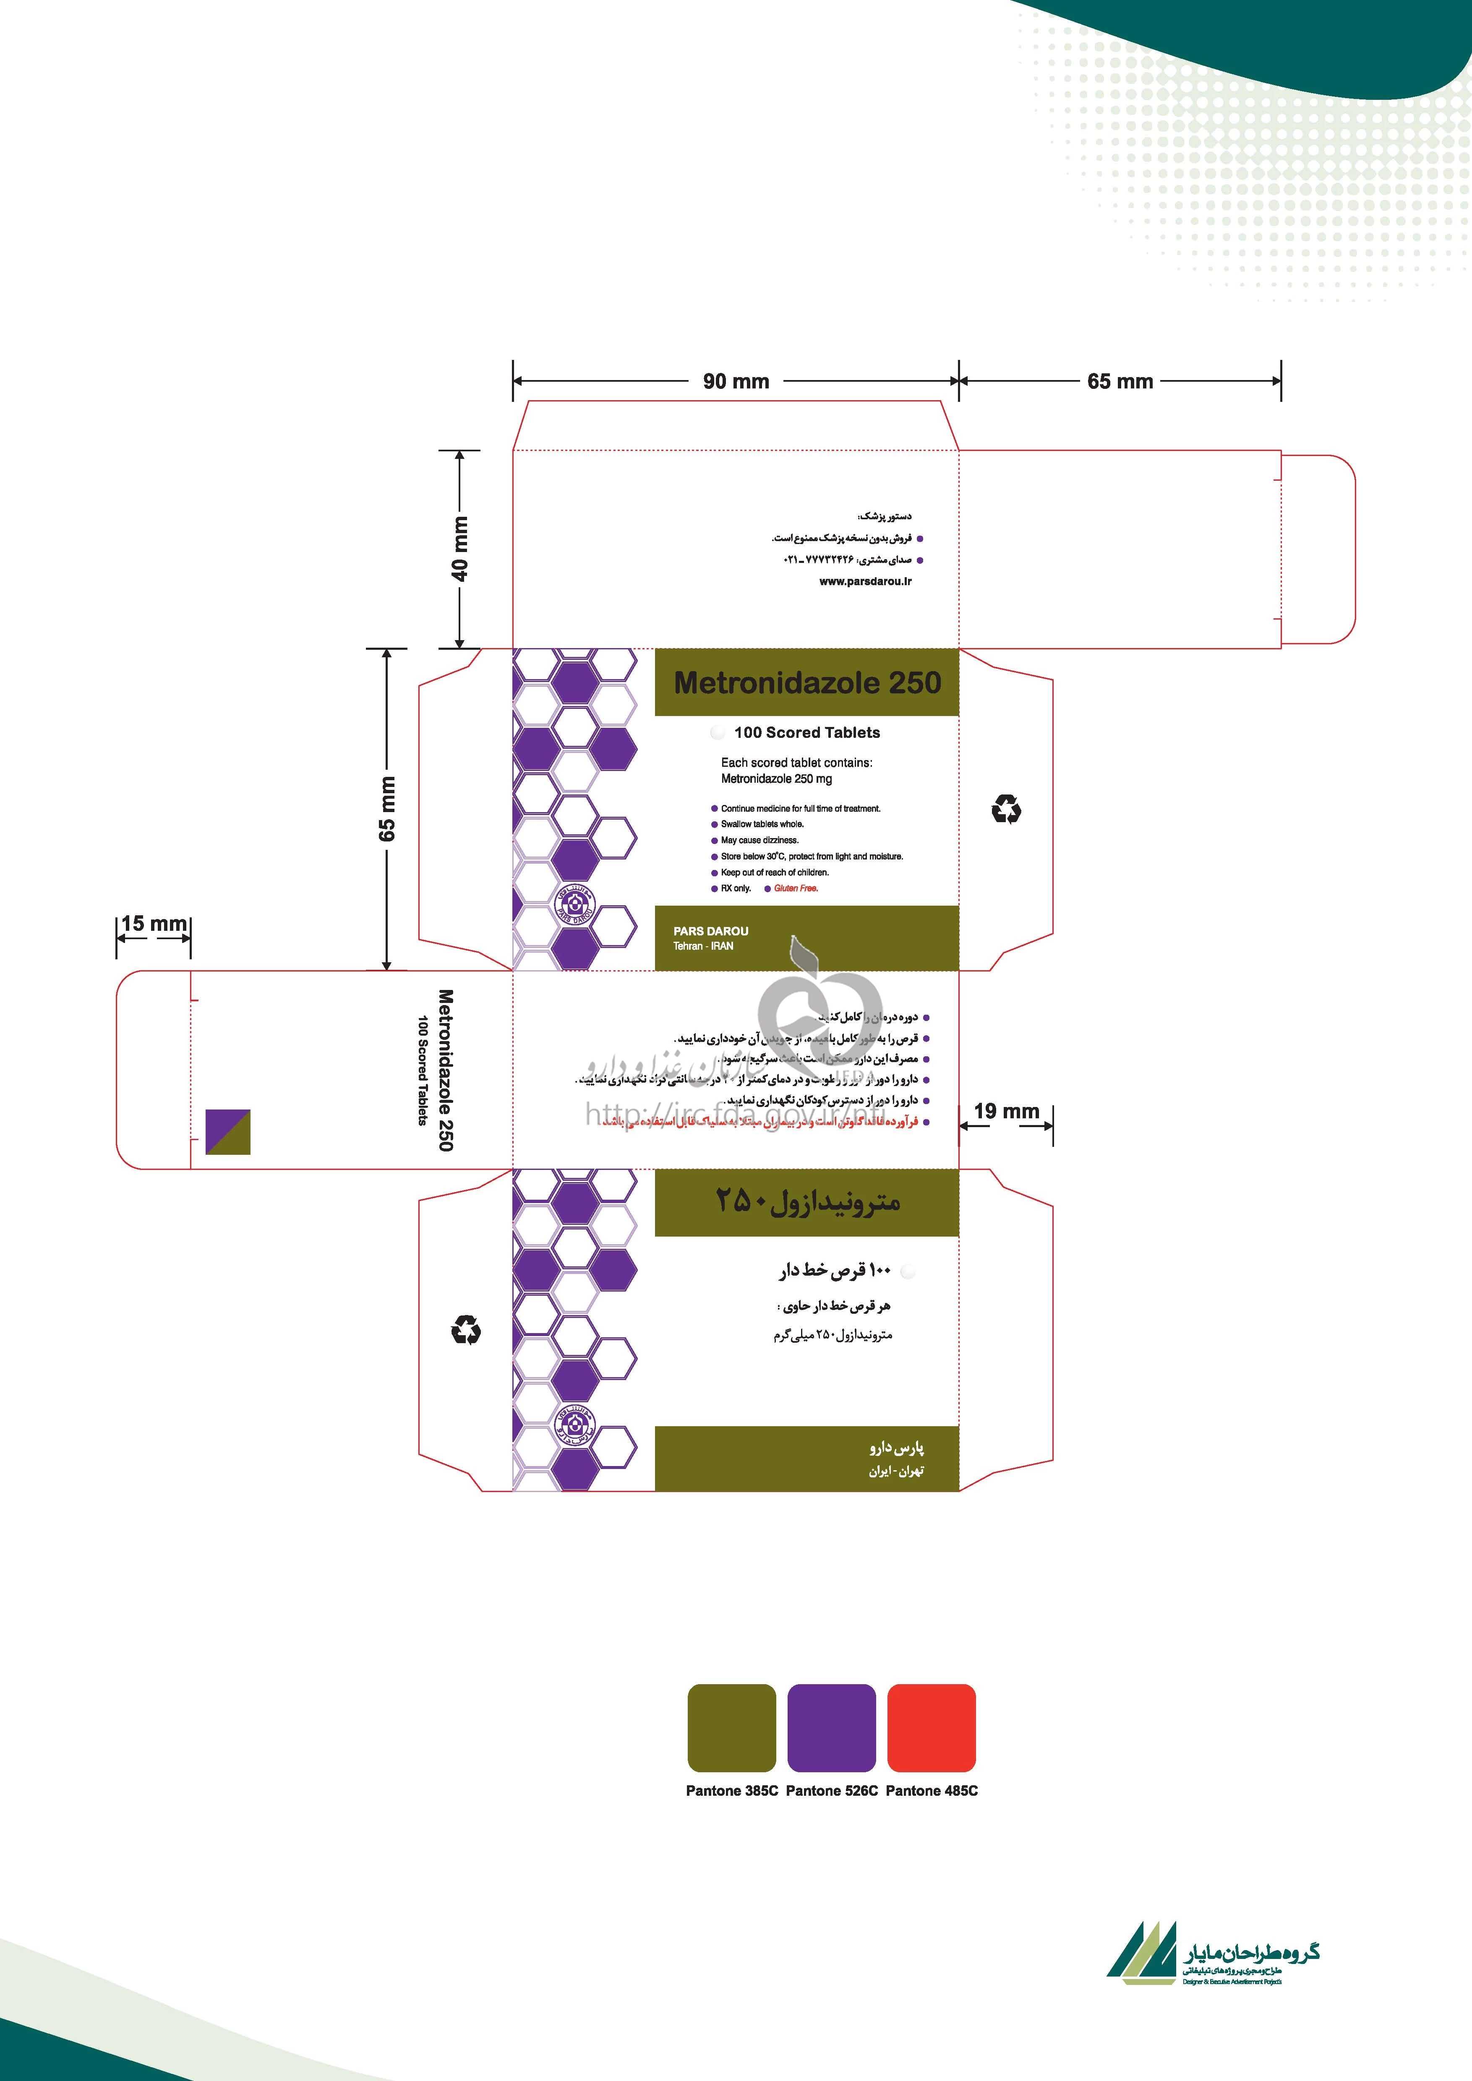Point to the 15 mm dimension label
[153, 924]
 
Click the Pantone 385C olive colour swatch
[731, 1727]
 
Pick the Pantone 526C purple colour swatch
[831, 1727]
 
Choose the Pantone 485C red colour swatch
[931, 1727]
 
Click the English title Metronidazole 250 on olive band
[806, 682]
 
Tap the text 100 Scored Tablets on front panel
[806, 732]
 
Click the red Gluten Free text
[796, 888]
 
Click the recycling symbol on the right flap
[1006, 808]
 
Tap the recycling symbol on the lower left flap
[466, 1331]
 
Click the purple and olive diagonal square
[227, 1131]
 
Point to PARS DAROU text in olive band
[711, 931]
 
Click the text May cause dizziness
[759, 840]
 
